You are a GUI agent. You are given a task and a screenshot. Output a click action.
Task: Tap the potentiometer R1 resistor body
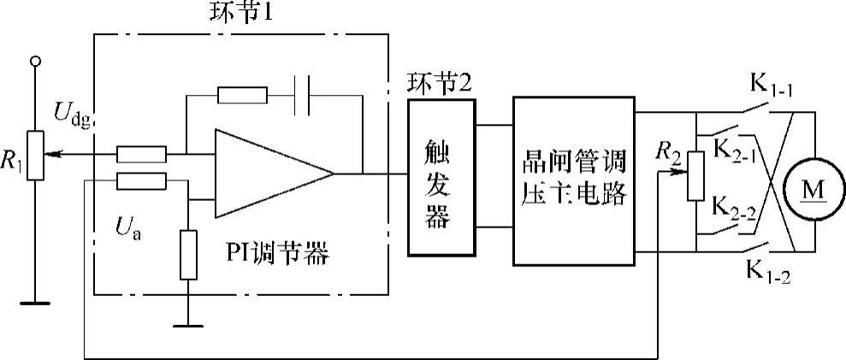[x=34, y=155]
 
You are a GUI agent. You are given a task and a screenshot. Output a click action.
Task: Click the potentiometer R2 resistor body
[x=695, y=175]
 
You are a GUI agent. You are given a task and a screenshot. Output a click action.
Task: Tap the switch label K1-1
[x=772, y=86]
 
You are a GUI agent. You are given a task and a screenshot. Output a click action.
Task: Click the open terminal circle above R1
[x=35, y=61]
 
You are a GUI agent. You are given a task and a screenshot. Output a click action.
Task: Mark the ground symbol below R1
[x=35, y=301]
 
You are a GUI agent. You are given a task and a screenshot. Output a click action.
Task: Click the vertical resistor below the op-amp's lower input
[x=188, y=254]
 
